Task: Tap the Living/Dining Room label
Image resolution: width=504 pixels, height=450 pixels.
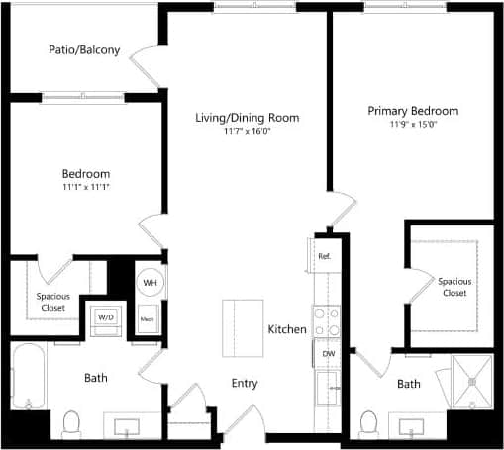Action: pos(247,118)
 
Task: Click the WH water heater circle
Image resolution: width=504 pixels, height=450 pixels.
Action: pos(150,283)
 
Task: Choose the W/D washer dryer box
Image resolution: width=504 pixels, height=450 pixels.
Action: pos(105,318)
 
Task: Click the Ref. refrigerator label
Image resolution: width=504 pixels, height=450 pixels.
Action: pos(324,256)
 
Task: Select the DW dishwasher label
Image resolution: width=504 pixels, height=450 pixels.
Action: pos(327,353)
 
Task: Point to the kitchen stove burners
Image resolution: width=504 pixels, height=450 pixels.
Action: pos(327,319)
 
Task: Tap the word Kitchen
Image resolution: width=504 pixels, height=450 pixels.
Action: pos(286,329)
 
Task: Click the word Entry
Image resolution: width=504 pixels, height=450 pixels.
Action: pos(245,383)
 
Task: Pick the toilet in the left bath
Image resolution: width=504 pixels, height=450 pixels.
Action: pos(70,424)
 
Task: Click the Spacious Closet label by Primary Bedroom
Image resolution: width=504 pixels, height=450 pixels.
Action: pos(454,287)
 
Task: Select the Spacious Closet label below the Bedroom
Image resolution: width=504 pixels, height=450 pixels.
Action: pos(51,302)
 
